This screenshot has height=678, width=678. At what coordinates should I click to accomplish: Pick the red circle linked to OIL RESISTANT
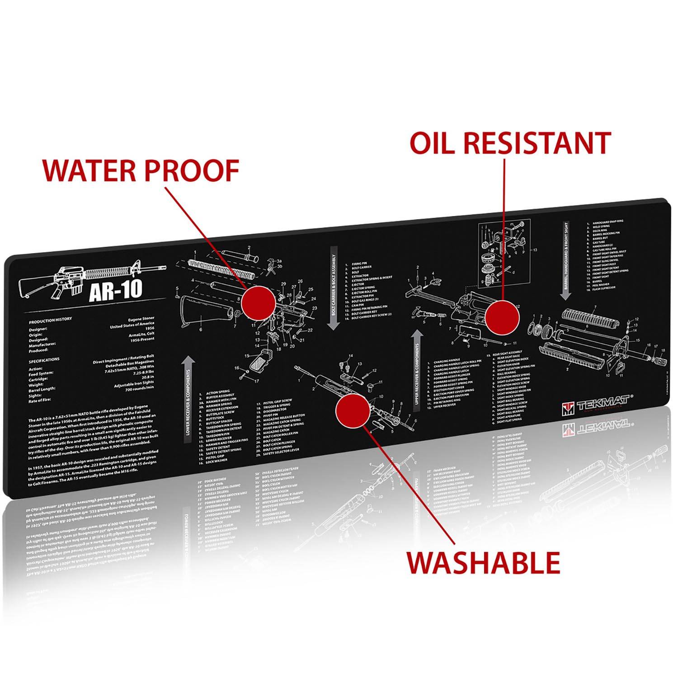[502, 318]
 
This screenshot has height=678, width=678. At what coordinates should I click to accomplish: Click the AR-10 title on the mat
[115, 291]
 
